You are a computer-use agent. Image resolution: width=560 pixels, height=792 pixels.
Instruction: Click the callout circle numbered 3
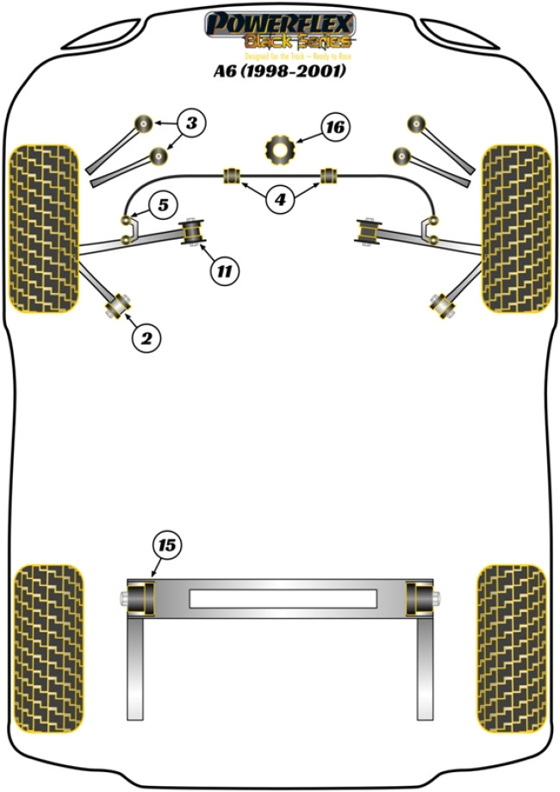pos(192,124)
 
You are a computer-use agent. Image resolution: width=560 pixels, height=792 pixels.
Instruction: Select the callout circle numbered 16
pos(334,128)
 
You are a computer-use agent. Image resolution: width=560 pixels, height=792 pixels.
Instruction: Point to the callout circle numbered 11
pos(224,272)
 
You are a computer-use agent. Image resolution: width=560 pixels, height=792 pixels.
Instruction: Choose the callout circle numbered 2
pos(146,339)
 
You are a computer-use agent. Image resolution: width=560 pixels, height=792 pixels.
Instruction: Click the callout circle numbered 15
pos(167,545)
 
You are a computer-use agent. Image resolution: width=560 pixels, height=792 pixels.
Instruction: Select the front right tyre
pos(516,228)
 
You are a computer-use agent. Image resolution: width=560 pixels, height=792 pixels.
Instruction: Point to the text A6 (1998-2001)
pos(280,72)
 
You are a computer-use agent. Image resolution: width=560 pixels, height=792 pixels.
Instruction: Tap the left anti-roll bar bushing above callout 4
pos(232,175)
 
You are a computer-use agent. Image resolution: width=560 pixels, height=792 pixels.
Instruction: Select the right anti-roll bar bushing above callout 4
pos(327,175)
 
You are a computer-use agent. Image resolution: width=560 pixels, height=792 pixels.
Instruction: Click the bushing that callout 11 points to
pos(193,232)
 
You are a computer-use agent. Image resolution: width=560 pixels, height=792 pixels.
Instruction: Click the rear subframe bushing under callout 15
pos(140,596)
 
